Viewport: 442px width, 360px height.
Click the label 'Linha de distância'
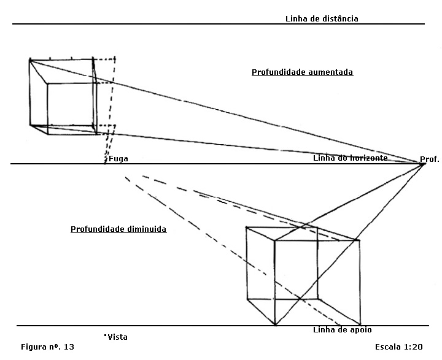[322, 18]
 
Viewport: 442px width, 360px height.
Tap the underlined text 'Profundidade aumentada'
[302, 72]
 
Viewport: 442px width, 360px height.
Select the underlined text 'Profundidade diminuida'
[118, 229]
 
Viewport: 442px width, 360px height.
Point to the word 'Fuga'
[118, 158]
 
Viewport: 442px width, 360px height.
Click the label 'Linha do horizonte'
[350, 158]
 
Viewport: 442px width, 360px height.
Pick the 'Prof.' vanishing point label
[430, 159]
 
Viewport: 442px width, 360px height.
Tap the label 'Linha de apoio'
[342, 330]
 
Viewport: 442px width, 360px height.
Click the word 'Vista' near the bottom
[117, 337]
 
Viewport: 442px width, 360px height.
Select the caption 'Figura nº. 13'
[47, 347]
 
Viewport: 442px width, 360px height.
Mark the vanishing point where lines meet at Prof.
[421, 164]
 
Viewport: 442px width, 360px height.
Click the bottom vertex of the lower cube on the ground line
[274, 324]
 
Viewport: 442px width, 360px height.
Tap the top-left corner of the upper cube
[29, 59]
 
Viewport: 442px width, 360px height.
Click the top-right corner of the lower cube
[360, 240]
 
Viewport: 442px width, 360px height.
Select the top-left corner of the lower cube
[246, 228]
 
